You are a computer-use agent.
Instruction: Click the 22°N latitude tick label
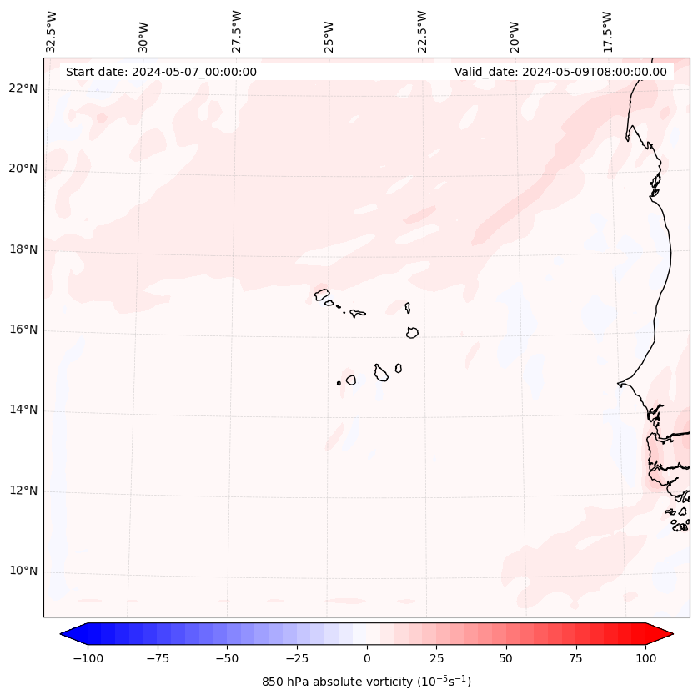pyautogui.click(x=23, y=88)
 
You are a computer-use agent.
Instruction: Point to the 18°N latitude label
pyautogui.click(x=23, y=249)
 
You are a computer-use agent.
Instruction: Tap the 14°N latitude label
pyautogui.click(x=23, y=410)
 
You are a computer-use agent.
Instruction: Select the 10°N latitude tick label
pyautogui.click(x=23, y=571)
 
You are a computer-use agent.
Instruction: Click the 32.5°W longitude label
pyautogui.click(x=52, y=31)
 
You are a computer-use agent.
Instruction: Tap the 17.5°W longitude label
pyautogui.click(x=607, y=31)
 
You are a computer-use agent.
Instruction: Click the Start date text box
pyautogui.click(x=161, y=72)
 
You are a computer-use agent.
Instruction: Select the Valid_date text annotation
pyautogui.click(x=560, y=72)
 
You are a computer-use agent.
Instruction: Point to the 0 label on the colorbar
pyautogui.click(x=366, y=658)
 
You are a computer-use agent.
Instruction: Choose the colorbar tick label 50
pyautogui.click(x=505, y=658)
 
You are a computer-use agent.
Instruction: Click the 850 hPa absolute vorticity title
pyautogui.click(x=366, y=682)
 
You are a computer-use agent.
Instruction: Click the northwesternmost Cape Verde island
pyautogui.click(x=322, y=294)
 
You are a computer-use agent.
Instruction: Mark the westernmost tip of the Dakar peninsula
pyautogui.click(x=619, y=384)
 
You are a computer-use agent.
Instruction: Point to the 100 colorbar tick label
pyautogui.click(x=645, y=658)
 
